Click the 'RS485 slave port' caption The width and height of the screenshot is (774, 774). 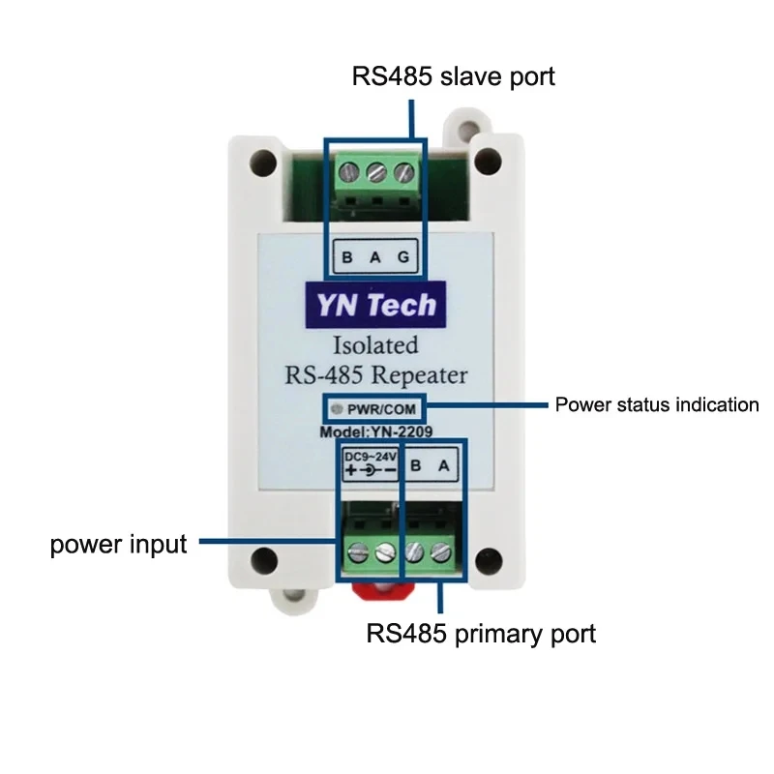coord(454,76)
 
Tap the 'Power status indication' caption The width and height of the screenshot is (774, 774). coord(656,404)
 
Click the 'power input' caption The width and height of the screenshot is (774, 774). coord(118,545)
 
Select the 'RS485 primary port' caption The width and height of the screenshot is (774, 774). coord(481,635)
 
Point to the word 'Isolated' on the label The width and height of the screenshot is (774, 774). coord(376,344)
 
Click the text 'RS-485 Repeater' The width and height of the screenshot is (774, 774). coord(376,375)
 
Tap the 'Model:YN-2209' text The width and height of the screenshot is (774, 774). coord(376,432)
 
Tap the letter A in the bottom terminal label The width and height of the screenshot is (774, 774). coord(444,465)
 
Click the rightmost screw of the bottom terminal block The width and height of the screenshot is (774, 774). coord(442,554)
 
